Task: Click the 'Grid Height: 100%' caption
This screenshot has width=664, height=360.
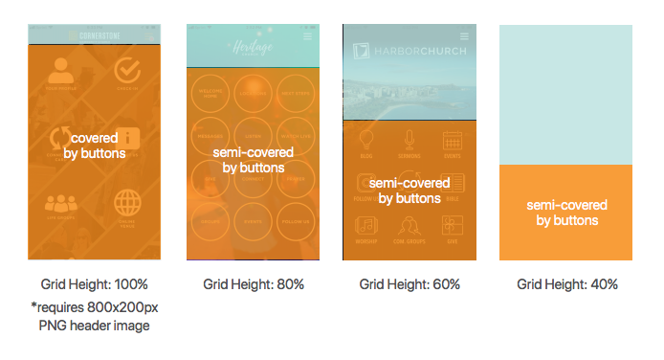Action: tap(94, 284)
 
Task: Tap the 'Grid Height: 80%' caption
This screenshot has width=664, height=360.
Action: tap(254, 284)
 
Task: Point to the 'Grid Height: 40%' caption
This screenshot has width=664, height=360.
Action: tap(567, 284)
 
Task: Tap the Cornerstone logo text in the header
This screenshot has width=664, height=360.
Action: tap(100, 36)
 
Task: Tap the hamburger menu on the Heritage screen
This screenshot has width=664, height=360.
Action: tap(307, 36)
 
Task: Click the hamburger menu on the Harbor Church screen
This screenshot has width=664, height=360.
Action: tap(464, 34)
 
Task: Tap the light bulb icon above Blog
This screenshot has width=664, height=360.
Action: tap(365, 141)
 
